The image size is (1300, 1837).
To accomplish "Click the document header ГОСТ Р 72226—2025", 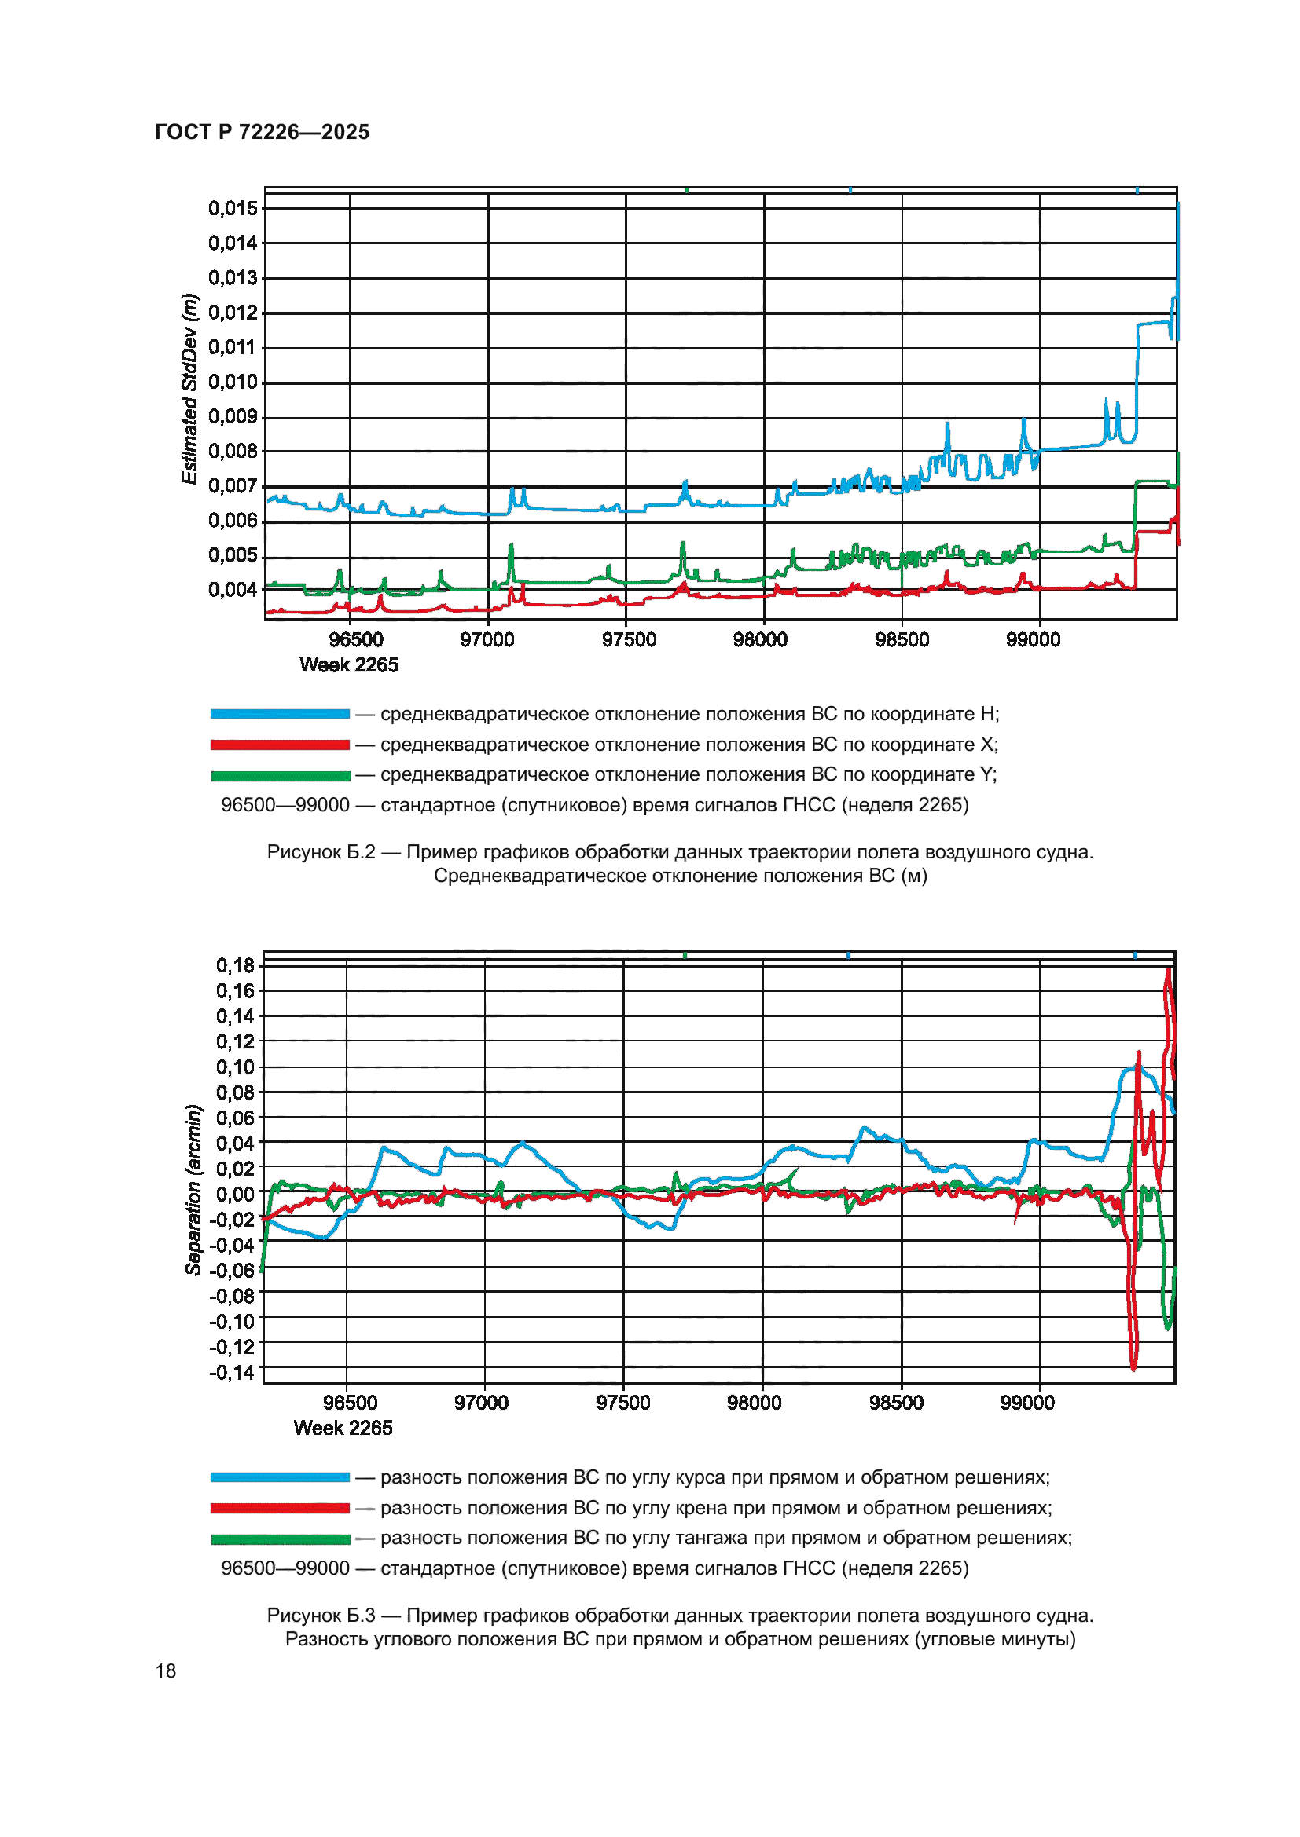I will point(262,132).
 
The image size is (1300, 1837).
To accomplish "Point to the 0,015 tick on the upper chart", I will point(233,209).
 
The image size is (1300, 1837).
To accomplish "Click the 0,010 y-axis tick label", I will point(233,382).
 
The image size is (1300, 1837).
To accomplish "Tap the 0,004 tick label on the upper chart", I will point(233,590).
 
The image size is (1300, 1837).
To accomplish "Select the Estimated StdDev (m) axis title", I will point(189,389).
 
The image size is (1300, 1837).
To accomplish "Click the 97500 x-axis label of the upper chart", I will point(629,640).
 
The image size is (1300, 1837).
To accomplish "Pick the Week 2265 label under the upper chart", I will point(348,665).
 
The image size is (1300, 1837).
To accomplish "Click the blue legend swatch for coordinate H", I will point(279,714).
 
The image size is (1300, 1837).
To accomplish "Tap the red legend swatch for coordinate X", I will point(279,745).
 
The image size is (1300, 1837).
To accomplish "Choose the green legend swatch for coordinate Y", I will point(279,775).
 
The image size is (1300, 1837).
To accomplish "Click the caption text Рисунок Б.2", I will point(320,852).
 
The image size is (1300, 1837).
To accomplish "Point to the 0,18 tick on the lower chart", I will point(234,966).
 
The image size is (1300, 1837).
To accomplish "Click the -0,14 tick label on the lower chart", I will point(232,1373).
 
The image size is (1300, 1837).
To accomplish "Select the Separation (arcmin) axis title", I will point(193,1190).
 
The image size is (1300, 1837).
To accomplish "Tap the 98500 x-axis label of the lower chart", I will point(896,1403).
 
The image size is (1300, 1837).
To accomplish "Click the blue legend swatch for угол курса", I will point(279,1477).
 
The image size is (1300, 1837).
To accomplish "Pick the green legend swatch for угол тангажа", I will point(279,1539).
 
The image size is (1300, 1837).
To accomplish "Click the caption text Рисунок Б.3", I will point(320,1616).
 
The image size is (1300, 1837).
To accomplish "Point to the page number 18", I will point(166,1670).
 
